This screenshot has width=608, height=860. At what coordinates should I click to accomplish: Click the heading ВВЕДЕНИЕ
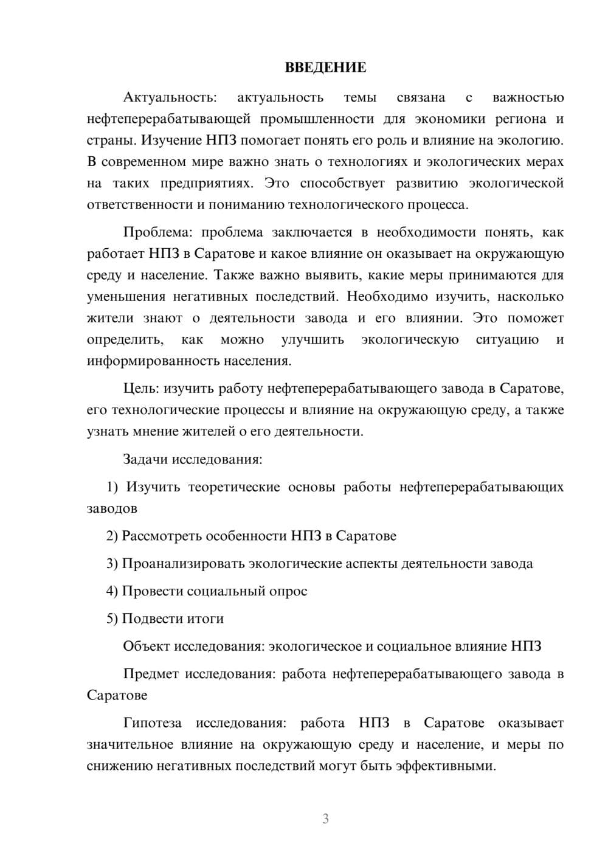325,68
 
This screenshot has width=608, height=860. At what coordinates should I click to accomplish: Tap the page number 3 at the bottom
325,819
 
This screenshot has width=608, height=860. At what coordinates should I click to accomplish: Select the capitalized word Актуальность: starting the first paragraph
170,97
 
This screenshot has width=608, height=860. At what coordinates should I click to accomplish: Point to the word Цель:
141,389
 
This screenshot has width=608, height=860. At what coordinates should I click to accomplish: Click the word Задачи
146,459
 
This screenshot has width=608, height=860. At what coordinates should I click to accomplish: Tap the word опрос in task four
288,591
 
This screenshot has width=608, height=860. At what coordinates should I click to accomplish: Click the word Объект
147,646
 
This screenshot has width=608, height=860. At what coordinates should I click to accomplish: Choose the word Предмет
151,674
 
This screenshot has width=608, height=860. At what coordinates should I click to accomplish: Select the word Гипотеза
153,723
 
